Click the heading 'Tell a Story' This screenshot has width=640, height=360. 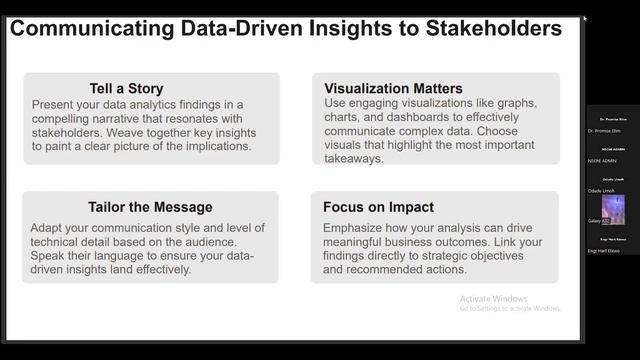coord(125,88)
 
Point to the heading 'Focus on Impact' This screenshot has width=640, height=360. coord(378,207)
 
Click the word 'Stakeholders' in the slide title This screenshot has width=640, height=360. coord(487,29)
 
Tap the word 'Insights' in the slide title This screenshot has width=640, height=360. coord(340,29)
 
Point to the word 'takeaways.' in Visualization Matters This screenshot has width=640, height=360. coord(353,158)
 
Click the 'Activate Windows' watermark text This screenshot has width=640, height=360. coord(493,298)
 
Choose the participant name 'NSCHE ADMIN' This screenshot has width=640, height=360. coord(604,161)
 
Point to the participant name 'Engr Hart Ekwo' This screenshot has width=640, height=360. coord(606,251)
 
